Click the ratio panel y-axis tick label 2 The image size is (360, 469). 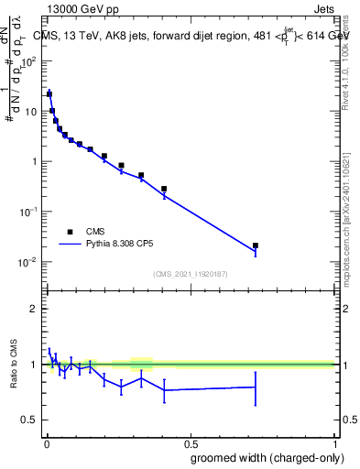34,309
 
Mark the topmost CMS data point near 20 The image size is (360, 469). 49,93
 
